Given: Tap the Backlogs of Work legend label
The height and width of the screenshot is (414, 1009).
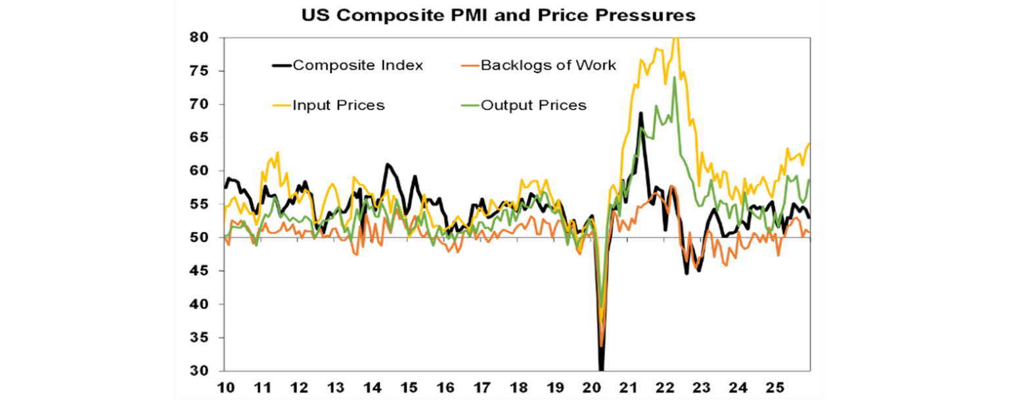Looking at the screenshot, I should click(549, 65).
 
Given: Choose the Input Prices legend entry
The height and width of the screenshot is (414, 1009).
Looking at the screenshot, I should click(338, 105).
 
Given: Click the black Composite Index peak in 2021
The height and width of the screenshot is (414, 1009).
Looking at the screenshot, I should click(640, 113).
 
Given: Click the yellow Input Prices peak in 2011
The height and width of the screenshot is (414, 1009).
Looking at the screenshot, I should click(277, 152).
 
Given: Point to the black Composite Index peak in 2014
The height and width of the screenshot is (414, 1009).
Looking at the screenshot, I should click(387, 164).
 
